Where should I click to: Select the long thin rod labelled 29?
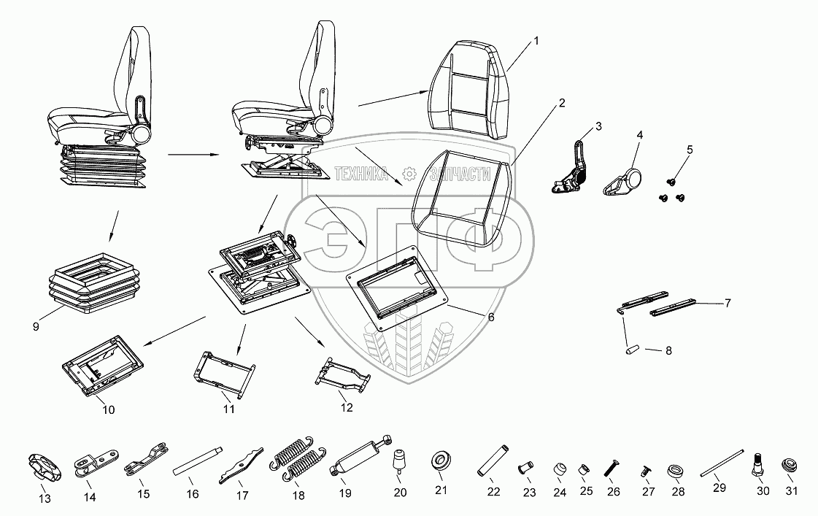(722, 463)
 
